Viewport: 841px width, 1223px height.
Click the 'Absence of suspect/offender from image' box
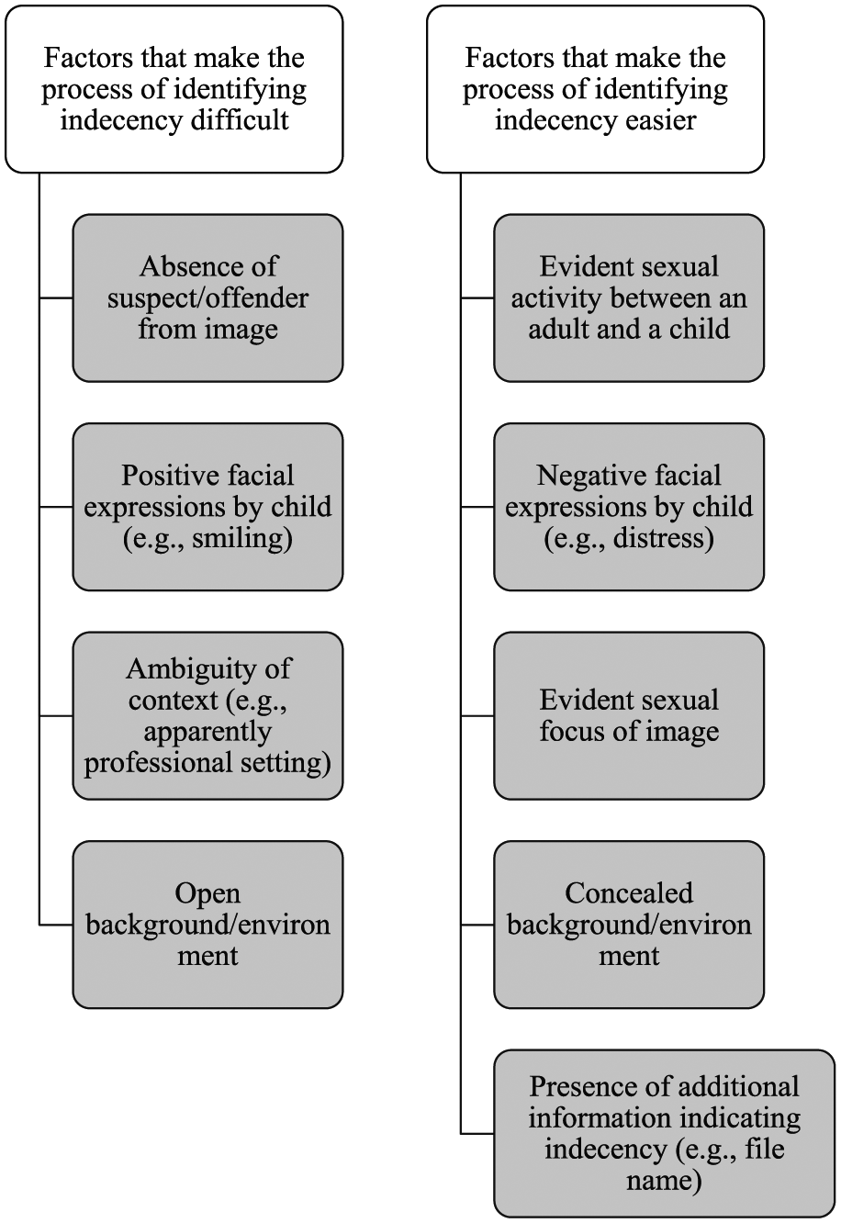pyautogui.click(x=207, y=298)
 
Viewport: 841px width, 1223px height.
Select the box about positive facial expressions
pyautogui.click(x=207, y=507)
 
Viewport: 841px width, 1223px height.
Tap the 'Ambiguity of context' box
pyautogui.click(x=207, y=716)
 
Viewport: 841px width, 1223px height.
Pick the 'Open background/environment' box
pyautogui.click(x=207, y=925)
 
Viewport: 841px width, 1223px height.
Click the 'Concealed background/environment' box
pyautogui.click(x=629, y=925)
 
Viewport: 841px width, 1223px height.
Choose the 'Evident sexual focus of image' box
pyautogui.click(x=629, y=716)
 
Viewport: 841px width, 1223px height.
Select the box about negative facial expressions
pyautogui.click(x=629, y=507)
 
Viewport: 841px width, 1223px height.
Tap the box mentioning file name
pyautogui.click(x=665, y=1133)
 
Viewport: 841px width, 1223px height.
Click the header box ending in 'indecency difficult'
pyautogui.click(x=174, y=90)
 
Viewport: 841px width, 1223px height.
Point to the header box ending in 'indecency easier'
pyautogui.click(x=595, y=90)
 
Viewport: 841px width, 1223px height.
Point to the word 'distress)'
pyautogui.click(x=664, y=538)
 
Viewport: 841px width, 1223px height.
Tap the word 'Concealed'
pyautogui.click(x=629, y=893)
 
